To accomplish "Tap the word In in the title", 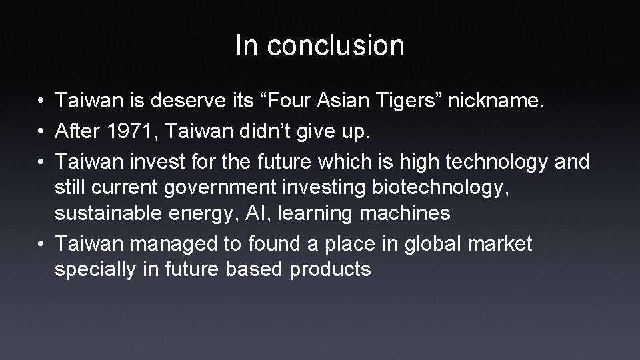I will (245, 46).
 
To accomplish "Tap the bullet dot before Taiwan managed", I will (41, 244).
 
